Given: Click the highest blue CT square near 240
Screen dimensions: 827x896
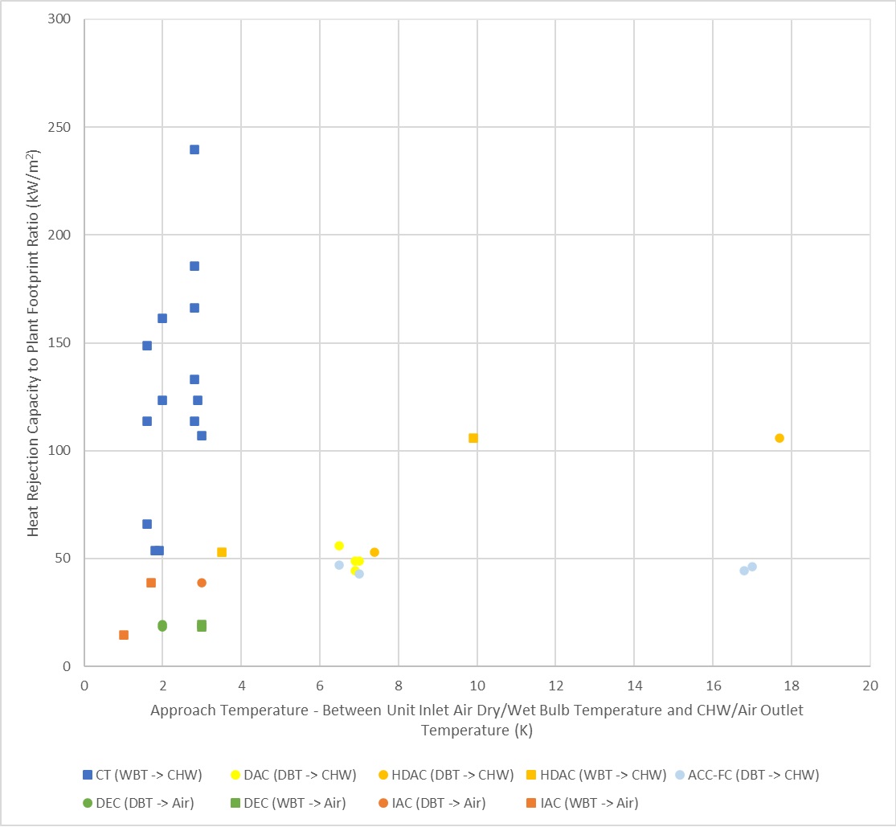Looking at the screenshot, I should [194, 149].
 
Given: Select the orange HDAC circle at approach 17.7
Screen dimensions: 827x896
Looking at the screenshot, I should [779, 438].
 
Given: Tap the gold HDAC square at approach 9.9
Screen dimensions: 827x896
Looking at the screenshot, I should [473, 438].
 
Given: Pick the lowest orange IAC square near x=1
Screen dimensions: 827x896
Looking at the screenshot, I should [124, 635].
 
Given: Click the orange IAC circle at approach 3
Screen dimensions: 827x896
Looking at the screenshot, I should [202, 583].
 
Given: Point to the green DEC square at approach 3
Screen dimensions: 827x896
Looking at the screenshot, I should [202, 625].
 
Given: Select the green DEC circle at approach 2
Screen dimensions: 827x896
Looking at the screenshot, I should [162, 625].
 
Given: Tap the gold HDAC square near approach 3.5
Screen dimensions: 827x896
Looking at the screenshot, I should [222, 552].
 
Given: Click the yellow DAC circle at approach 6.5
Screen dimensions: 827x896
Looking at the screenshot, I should [339, 546].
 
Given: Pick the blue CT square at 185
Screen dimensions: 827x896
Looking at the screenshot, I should [194, 266].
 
